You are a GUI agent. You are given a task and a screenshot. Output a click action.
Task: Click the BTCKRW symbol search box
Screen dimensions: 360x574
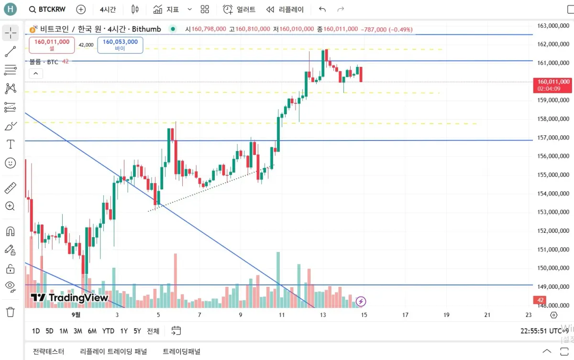[x=47, y=9]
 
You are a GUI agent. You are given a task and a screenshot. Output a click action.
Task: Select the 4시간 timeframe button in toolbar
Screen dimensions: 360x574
[x=108, y=9]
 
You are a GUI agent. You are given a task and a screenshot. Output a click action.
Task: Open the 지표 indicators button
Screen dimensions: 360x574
[x=166, y=9]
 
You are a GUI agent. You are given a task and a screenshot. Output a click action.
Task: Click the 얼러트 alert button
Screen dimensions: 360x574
[x=240, y=9]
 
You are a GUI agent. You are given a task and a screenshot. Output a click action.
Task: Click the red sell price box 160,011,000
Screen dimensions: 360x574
[x=52, y=45]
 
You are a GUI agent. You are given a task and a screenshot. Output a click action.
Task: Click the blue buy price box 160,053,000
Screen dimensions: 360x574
[x=120, y=45]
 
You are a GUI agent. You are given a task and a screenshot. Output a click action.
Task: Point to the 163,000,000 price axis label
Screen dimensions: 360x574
[x=553, y=26]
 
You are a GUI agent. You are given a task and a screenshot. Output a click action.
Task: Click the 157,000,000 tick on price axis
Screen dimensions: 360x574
[x=553, y=138]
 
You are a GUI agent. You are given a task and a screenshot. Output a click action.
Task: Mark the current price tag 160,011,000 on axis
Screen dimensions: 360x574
[x=553, y=82]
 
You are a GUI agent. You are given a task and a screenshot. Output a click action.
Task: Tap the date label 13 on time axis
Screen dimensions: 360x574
[x=323, y=315]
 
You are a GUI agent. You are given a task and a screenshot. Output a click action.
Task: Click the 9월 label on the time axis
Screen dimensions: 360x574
[x=76, y=315]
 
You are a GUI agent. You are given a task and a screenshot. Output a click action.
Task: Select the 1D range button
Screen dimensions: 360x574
[x=36, y=331]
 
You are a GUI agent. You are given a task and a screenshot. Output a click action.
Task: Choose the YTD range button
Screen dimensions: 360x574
[x=108, y=331]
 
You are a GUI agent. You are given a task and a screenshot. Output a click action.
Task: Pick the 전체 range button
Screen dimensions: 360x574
[x=153, y=331]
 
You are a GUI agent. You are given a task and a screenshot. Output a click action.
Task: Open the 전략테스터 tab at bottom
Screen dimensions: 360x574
[x=48, y=351]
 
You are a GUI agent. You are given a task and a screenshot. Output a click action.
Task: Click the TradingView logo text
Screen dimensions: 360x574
[x=70, y=298]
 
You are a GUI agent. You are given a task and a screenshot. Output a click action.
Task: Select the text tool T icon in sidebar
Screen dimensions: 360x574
[x=10, y=144]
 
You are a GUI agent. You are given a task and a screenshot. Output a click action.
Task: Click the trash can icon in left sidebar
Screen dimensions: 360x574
[x=10, y=312]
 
